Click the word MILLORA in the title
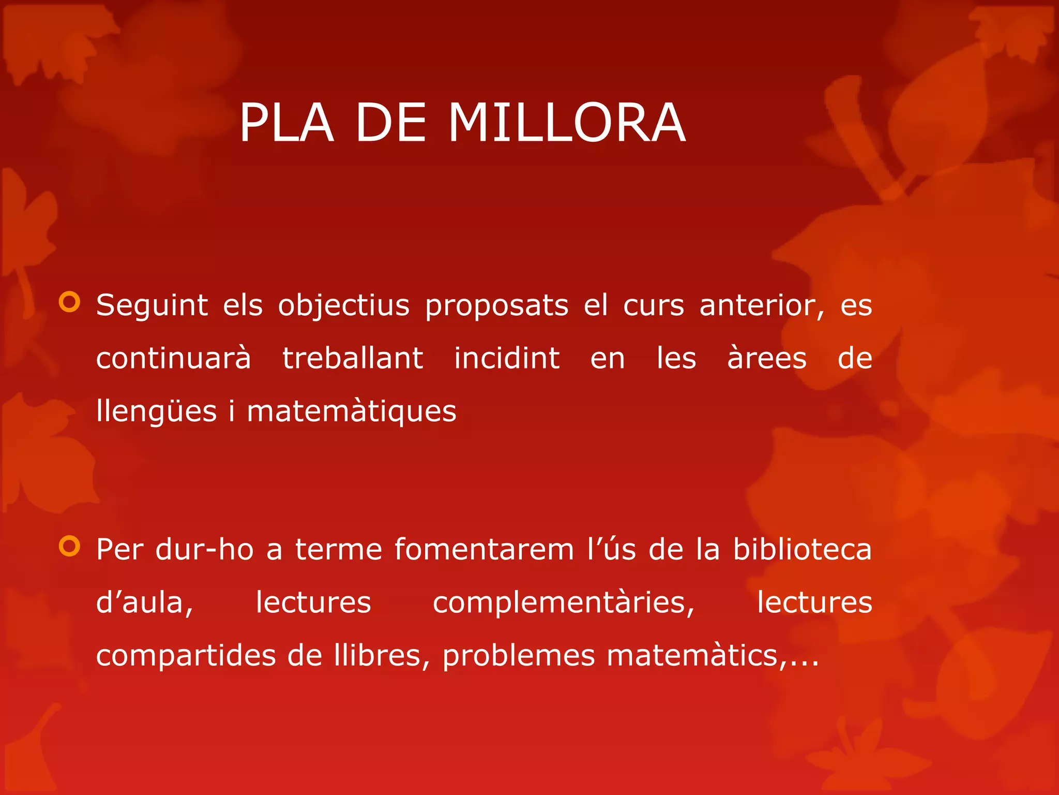click(x=567, y=123)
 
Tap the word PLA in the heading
click(x=286, y=123)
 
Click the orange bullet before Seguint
click(x=70, y=302)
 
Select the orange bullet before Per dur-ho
click(x=70, y=546)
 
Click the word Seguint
click(x=152, y=305)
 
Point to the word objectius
click(x=343, y=305)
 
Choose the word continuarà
click(x=174, y=358)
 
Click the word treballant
click(x=353, y=358)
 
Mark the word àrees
click(x=766, y=358)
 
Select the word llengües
click(x=156, y=412)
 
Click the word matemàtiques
click(x=352, y=412)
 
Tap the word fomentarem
click(x=484, y=549)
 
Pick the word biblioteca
click(x=802, y=549)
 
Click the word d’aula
click(x=145, y=603)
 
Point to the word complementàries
click(x=564, y=603)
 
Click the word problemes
click(x=519, y=656)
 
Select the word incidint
click(x=507, y=358)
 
